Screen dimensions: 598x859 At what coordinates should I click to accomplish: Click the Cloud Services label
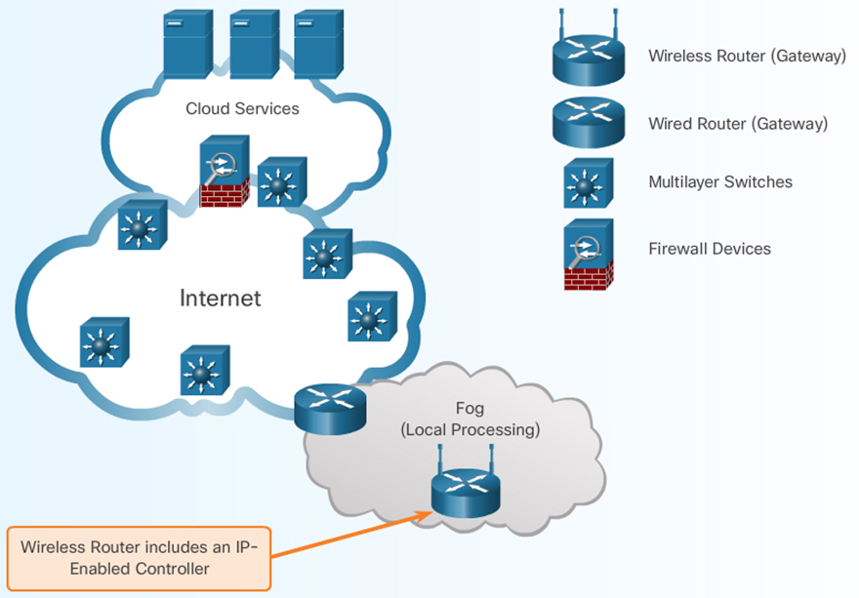[242, 108]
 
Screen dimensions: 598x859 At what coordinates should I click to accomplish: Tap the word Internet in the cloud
[221, 298]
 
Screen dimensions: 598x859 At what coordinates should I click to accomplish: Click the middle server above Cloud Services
[254, 44]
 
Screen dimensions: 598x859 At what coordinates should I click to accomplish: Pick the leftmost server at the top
[188, 44]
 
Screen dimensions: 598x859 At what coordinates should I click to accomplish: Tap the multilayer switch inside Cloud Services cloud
[282, 181]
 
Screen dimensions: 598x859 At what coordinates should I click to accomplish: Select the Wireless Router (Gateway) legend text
[747, 56]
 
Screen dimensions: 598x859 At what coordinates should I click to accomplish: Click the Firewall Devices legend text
[710, 249]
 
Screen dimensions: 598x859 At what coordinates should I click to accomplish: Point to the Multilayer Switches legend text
[720, 181]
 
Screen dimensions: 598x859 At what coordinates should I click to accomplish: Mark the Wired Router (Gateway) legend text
[738, 124]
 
